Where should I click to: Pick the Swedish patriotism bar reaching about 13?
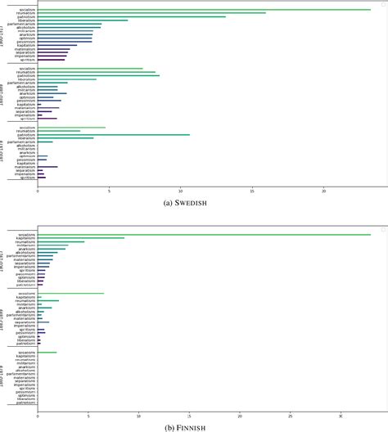click(x=131, y=16)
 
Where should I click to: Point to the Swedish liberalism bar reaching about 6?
click(x=82, y=20)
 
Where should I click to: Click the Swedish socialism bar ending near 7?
click(x=90, y=69)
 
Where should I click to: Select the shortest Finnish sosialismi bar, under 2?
click(x=47, y=352)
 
